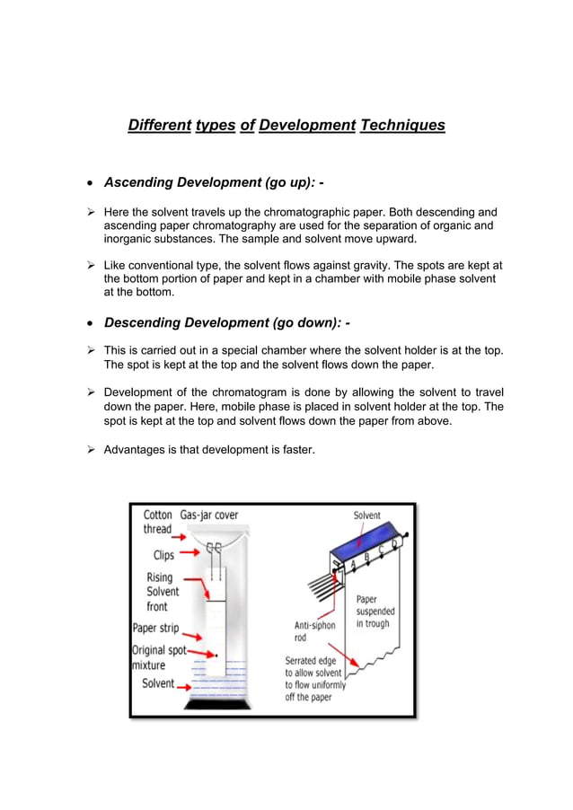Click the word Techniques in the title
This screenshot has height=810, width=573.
coord(402,125)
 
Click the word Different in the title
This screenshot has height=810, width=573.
coord(159,125)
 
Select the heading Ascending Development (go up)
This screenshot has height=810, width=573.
coord(208,182)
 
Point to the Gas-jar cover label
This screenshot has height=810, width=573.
coord(209,515)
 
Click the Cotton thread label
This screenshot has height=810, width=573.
coord(158,523)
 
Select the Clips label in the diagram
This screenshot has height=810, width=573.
coord(163,555)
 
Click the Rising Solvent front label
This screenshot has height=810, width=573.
coord(163,592)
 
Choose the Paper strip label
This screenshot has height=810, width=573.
coord(155,629)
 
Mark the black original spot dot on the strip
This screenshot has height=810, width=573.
coord(216,656)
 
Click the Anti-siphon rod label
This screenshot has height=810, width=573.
coord(313,631)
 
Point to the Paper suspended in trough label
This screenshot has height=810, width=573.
coord(375,611)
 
